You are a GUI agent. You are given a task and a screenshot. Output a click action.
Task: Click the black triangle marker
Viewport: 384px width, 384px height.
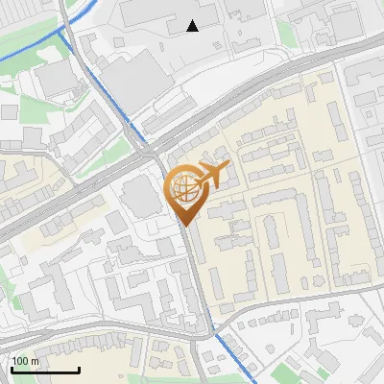pyautogui.click(x=193, y=26)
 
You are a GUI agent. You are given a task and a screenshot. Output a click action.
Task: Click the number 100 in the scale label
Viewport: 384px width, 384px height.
pyautogui.click(x=20, y=361)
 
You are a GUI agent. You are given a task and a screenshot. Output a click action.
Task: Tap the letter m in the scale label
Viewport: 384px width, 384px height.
pyautogui.click(x=35, y=361)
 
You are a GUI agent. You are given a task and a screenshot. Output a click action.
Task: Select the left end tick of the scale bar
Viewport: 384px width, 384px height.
pyautogui.click(x=11, y=369)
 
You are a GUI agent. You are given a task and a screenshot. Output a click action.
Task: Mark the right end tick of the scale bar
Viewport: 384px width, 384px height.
pyautogui.click(x=79, y=369)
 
